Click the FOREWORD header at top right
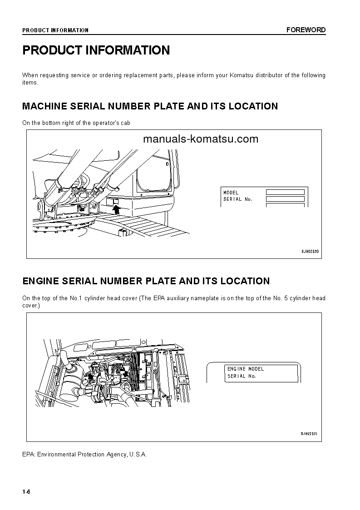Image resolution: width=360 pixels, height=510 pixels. [306, 30]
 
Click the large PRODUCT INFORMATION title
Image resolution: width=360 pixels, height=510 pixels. [96, 50]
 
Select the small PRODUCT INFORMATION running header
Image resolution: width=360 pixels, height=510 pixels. [55, 30]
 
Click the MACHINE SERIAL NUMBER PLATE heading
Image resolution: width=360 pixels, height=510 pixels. [150, 106]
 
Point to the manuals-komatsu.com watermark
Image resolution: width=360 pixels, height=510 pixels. [200, 139]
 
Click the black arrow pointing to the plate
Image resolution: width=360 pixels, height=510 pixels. [116, 209]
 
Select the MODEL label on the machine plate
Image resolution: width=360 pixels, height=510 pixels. [231, 193]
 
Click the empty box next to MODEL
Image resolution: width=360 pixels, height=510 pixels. [285, 193]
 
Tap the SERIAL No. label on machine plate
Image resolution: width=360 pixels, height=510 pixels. [237, 199]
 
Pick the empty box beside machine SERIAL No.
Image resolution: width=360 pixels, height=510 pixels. [285, 199]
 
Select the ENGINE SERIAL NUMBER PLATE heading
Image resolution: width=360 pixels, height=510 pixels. [146, 281]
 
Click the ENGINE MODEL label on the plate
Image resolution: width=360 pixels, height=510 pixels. [245, 369]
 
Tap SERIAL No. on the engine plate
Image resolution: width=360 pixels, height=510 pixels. [242, 376]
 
